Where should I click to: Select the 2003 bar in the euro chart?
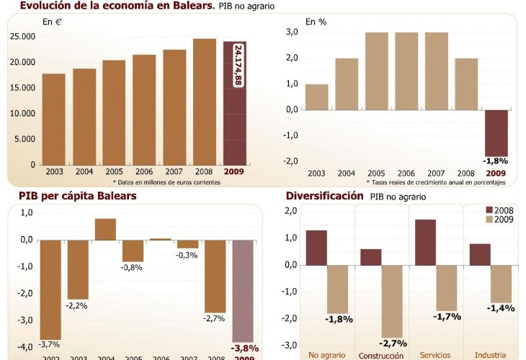coord(54,119)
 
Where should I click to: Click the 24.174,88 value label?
coord(239,66)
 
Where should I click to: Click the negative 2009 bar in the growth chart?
coord(496,132)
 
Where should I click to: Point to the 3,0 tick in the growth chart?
coord(291,32)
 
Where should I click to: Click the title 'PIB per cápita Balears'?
coord(78,196)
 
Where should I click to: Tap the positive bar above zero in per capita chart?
coord(105,229)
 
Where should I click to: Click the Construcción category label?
coord(381,355)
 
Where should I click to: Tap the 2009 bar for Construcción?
coord(392,301)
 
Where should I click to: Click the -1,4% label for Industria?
coord(500,308)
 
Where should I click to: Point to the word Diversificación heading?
coord(324,196)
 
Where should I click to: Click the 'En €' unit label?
coord(53,22)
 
